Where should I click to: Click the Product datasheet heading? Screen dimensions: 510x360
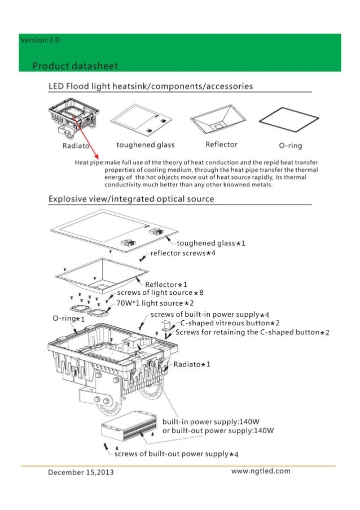[x=75, y=66]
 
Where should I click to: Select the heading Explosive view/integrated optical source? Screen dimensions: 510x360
[x=131, y=199]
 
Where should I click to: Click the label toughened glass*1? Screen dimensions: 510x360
[x=211, y=243]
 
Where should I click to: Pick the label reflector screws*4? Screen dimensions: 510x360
[x=183, y=254]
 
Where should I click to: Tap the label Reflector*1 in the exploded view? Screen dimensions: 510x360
[x=166, y=284]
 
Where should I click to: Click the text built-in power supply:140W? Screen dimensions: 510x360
[x=209, y=421]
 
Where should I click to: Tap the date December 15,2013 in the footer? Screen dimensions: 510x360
[x=81, y=473]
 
